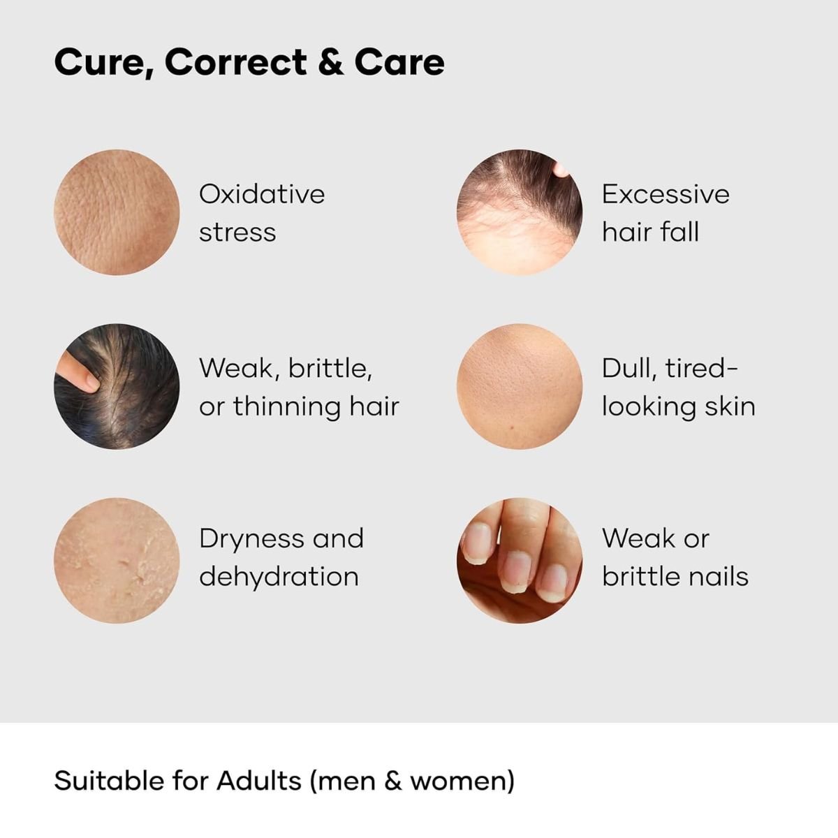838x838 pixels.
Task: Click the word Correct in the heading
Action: (x=236, y=62)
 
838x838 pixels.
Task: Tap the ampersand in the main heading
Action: (x=331, y=62)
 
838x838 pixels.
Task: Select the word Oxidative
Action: (x=262, y=194)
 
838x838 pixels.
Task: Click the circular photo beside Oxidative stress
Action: (x=117, y=212)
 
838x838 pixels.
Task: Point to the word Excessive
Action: (x=666, y=194)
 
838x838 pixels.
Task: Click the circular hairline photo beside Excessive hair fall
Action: (x=520, y=212)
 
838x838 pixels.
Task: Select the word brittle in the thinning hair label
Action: (x=330, y=369)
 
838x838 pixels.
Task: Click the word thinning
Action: (x=288, y=407)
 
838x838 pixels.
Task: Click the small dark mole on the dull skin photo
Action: (x=513, y=427)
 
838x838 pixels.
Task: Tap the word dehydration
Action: (x=279, y=577)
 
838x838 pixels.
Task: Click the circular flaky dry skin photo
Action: (x=117, y=561)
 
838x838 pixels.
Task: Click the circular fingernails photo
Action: (x=520, y=561)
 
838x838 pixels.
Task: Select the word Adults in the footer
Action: (x=259, y=780)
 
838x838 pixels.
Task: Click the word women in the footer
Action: (x=462, y=782)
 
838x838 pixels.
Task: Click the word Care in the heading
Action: (x=399, y=62)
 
